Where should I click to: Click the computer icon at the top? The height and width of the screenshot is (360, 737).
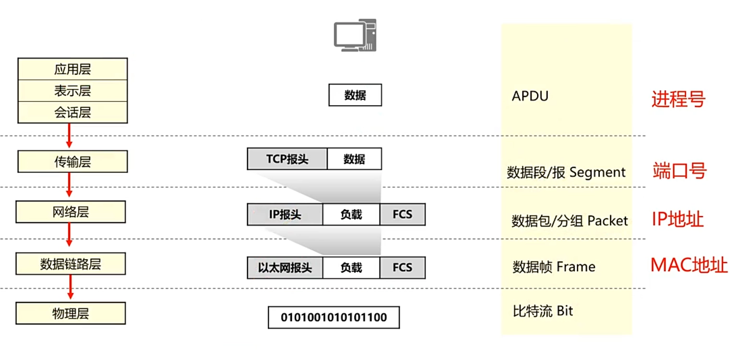355,35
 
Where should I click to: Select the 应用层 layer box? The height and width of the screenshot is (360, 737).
72,69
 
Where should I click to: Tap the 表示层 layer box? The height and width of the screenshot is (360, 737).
72,91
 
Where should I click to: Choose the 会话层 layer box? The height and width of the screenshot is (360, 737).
72,112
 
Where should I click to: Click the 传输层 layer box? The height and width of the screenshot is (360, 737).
72,161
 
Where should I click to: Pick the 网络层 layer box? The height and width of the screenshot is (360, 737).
71,212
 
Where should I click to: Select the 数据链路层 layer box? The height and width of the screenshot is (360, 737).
71,264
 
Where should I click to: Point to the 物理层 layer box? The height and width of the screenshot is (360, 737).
71,313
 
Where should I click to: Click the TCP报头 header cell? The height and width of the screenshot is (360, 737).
287,159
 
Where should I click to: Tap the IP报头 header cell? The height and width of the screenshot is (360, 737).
285,215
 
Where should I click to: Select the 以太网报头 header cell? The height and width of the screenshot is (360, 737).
285,268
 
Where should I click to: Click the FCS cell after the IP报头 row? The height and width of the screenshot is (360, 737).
402,215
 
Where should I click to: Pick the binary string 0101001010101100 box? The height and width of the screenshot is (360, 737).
333,317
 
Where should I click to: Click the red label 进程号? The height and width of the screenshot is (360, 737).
678,99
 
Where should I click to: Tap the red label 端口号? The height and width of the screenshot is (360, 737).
679,170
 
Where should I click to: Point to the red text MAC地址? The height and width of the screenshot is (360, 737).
689,265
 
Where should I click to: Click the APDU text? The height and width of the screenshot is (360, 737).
530,96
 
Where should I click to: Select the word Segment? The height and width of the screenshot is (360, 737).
598,172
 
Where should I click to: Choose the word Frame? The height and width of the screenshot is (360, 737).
576,267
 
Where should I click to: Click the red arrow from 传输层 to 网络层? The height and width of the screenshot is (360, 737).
69,185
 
